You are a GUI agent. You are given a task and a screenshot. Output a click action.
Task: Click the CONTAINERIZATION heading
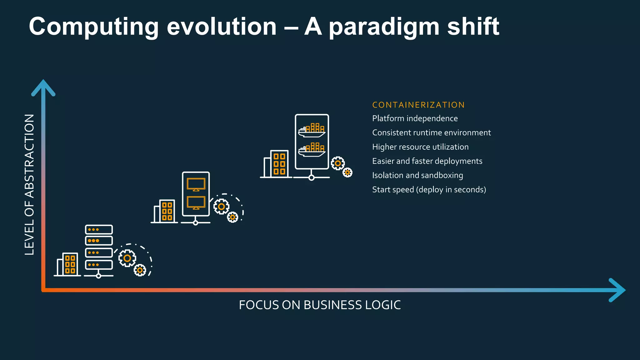(x=418, y=105)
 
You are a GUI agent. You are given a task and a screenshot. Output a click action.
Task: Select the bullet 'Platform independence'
(x=415, y=119)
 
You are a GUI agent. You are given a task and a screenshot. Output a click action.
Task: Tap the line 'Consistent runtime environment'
(x=431, y=133)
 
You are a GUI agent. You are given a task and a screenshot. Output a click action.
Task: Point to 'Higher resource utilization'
(x=420, y=147)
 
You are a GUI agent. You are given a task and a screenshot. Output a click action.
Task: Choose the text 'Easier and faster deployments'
(x=427, y=161)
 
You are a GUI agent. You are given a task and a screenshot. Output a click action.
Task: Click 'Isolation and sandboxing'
(x=417, y=176)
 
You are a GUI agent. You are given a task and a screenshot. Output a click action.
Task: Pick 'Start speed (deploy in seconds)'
(x=429, y=190)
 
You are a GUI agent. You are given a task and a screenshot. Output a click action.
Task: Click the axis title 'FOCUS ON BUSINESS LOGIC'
(x=320, y=305)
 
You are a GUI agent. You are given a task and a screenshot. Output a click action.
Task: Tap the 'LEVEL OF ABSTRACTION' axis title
(x=29, y=184)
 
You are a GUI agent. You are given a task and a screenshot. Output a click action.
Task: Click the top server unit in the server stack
(x=99, y=230)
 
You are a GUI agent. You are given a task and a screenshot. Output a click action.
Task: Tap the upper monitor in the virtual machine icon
(x=196, y=184)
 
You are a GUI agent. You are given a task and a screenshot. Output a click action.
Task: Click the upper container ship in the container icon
(x=312, y=130)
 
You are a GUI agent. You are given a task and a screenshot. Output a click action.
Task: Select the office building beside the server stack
(x=67, y=264)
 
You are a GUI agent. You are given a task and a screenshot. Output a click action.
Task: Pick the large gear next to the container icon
(x=338, y=163)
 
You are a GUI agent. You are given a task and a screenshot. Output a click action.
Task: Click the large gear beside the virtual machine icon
(x=221, y=207)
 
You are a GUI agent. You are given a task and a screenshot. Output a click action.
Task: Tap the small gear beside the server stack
(x=140, y=270)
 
